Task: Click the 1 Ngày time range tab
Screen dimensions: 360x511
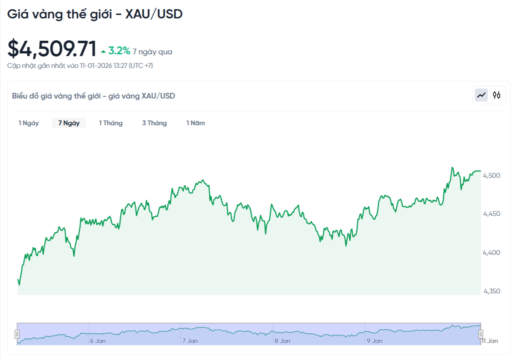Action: tap(28, 123)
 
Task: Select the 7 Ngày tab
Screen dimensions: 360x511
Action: tap(69, 123)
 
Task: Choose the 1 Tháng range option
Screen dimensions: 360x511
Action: tap(110, 123)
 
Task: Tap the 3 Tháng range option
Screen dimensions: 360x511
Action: tap(154, 123)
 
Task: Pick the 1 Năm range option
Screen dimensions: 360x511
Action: tap(195, 123)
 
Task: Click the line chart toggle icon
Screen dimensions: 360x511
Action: tap(482, 95)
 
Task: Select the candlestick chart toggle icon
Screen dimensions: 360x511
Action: tap(497, 95)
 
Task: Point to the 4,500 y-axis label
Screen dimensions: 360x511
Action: tap(491, 176)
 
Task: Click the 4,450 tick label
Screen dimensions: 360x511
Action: tap(491, 214)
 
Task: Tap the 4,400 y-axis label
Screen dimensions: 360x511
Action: tap(491, 253)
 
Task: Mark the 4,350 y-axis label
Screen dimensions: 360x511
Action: tap(491, 291)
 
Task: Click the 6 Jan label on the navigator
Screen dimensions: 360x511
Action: tap(97, 341)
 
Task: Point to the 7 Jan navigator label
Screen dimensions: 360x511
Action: tap(190, 341)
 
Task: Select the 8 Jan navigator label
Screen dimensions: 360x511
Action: tap(282, 341)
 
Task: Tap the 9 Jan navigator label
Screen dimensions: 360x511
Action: tap(374, 341)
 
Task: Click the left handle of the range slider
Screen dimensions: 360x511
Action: tap(17, 334)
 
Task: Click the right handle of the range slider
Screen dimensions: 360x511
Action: tap(480, 334)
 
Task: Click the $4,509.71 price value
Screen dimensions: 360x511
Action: tap(52, 49)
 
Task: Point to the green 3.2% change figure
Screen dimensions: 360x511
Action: tap(119, 51)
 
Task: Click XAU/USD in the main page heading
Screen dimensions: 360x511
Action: tap(154, 14)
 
